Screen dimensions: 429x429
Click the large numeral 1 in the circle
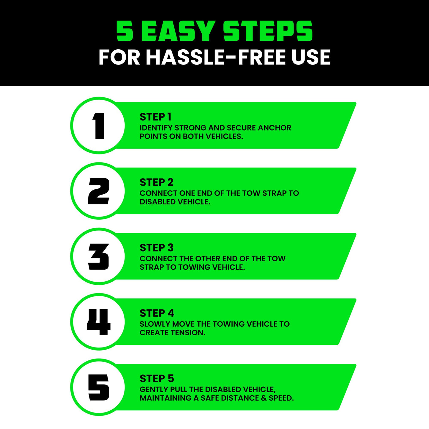tap(99, 126)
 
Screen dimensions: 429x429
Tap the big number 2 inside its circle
tap(99, 191)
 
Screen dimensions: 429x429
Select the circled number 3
tap(99, 257)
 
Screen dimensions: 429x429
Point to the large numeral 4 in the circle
tap(99, 322)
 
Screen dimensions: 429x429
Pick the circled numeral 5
tap(99, 387)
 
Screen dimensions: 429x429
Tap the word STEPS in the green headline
tap(268, 31)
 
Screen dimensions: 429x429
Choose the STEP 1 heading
tap(155, 117)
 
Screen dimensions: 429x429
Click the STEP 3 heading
tap(157, 248)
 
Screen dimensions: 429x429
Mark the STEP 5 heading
tap(157, 378)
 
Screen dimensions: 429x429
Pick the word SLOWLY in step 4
tap(155, 324)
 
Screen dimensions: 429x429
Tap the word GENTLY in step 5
tap(154, 389)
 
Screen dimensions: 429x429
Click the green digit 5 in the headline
tap(125, 31)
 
